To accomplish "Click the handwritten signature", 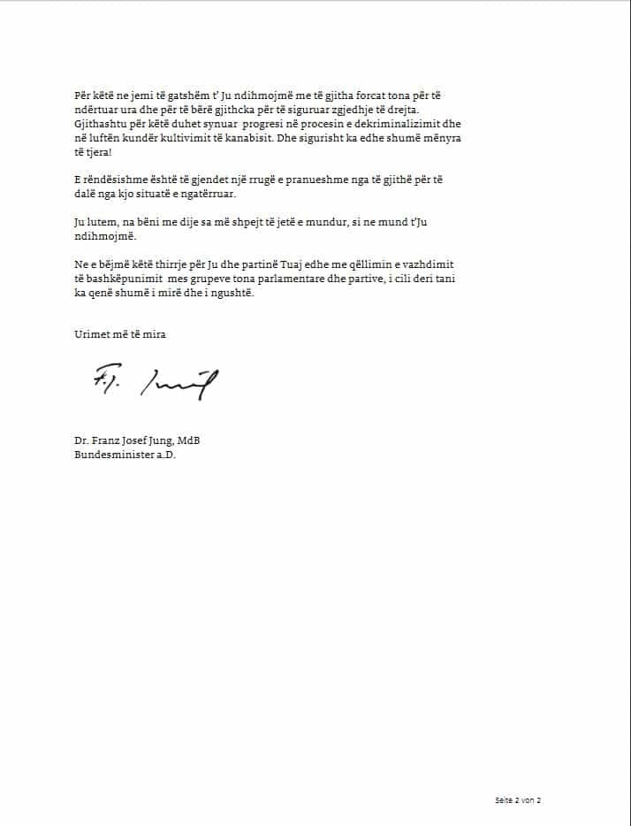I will click(x=155, y=381).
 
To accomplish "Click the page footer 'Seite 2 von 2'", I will click(x=517, y=800).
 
